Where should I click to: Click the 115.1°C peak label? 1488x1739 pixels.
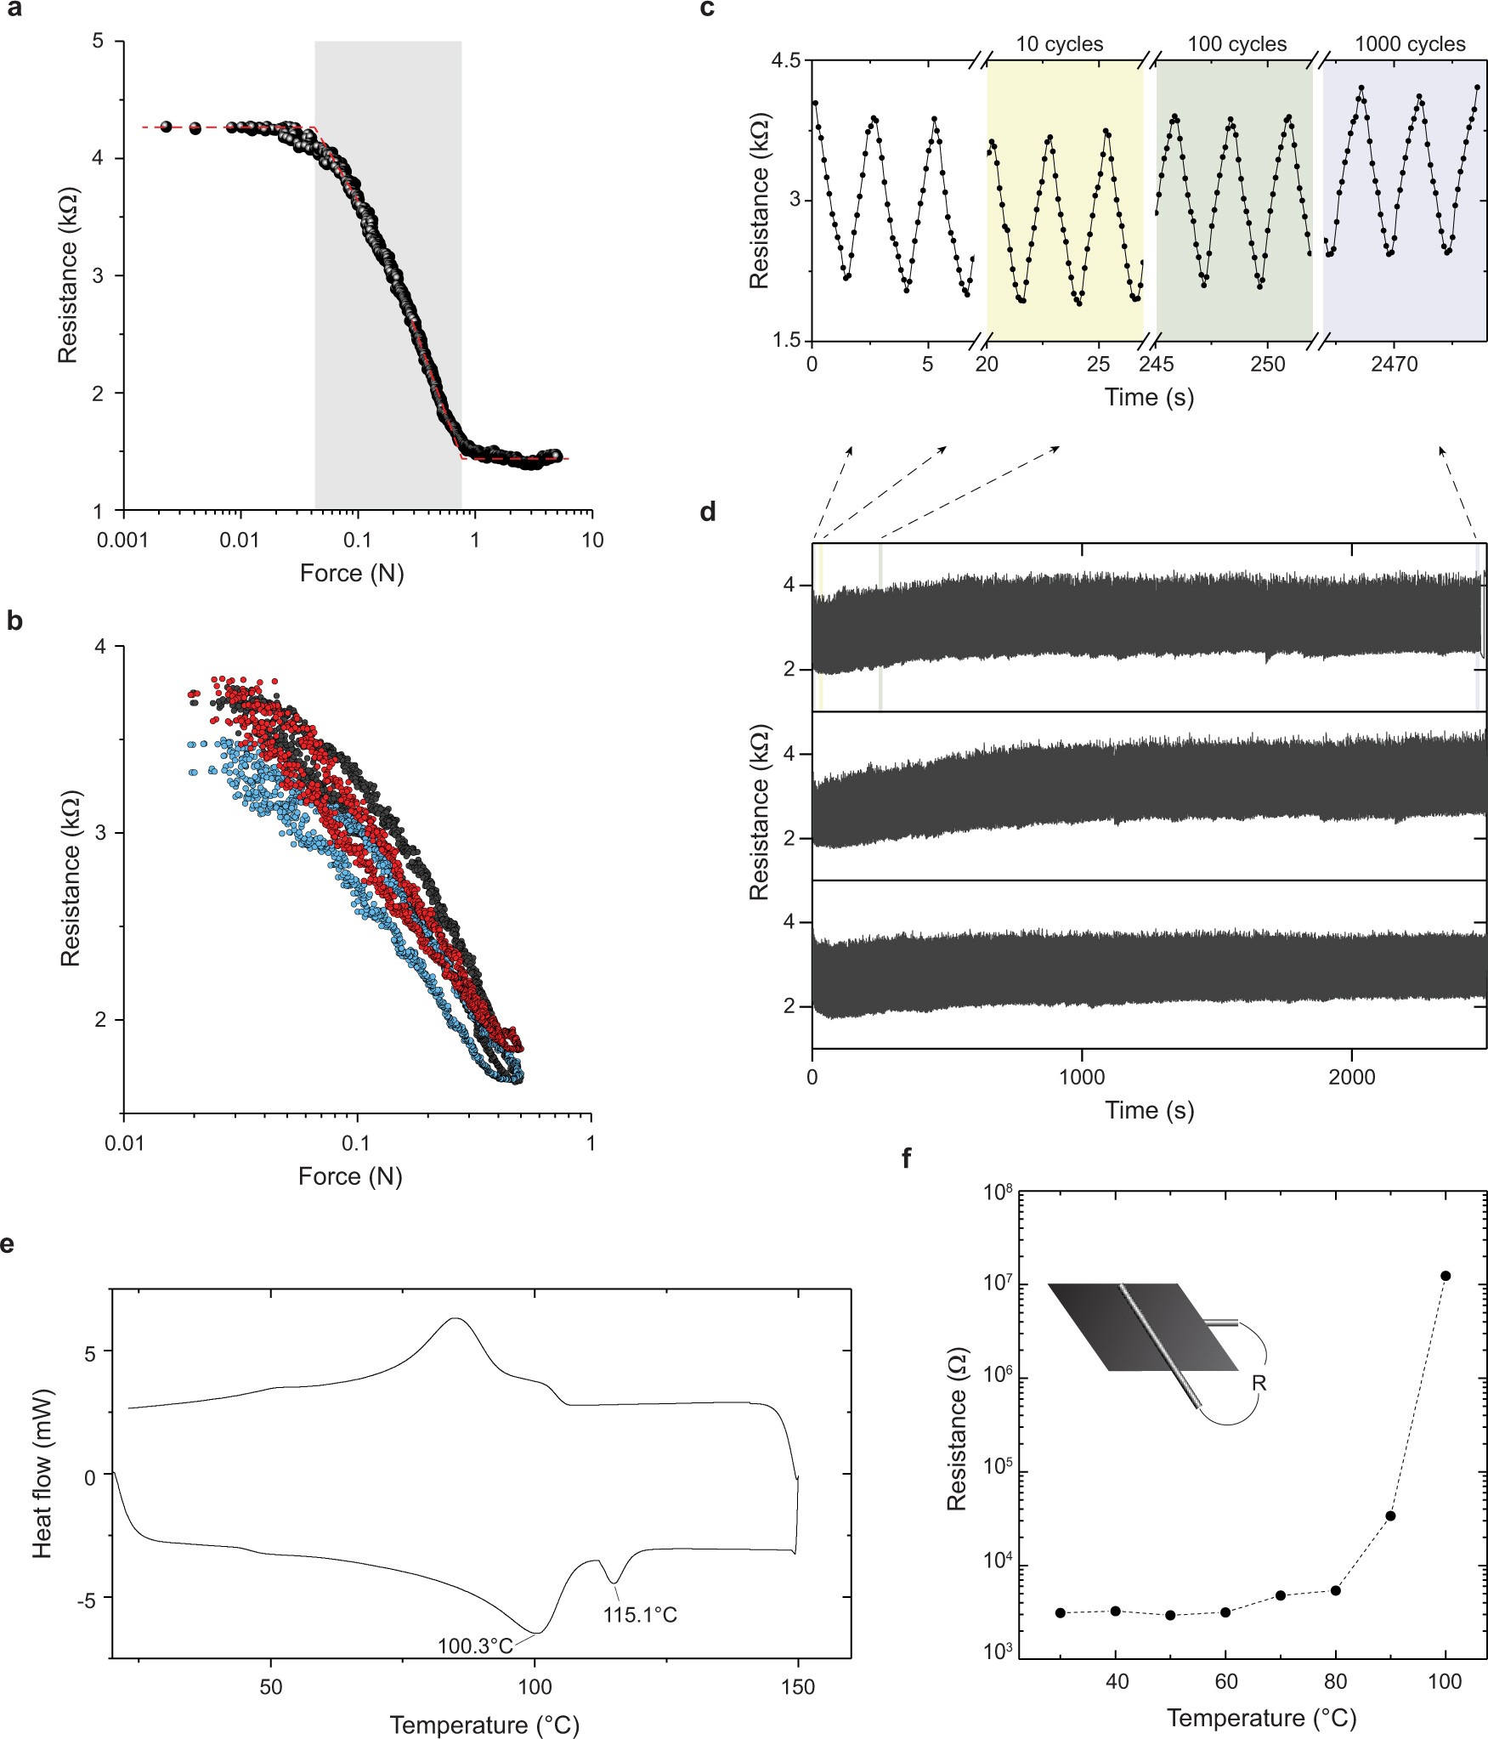[x=640, y=1613]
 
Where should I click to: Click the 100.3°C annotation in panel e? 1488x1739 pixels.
[x=475, y=1646]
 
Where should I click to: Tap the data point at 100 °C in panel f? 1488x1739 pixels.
[x=1446, y=1276]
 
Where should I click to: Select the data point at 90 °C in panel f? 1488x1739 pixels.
[x=1390, y=1515]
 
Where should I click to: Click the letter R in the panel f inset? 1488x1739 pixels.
[x=1259, y=1383]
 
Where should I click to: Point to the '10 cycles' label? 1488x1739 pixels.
[x=1059, y=44]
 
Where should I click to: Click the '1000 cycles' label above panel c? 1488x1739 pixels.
[x=1409, y=44]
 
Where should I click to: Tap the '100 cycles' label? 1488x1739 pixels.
[x=1236, y=44]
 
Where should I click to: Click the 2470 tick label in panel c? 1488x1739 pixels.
[x=1394, y=365]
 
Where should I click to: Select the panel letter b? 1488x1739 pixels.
[x=14, y=621]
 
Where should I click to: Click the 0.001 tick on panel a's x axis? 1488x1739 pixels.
[x=123, y=540]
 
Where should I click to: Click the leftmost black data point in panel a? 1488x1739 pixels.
[x=167, y=127]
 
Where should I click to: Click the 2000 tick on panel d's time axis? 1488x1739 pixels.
[x=1351, y=1077]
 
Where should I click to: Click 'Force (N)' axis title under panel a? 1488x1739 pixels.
[x=351, y=573]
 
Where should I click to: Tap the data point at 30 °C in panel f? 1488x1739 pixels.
[x=1060, y=1612]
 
